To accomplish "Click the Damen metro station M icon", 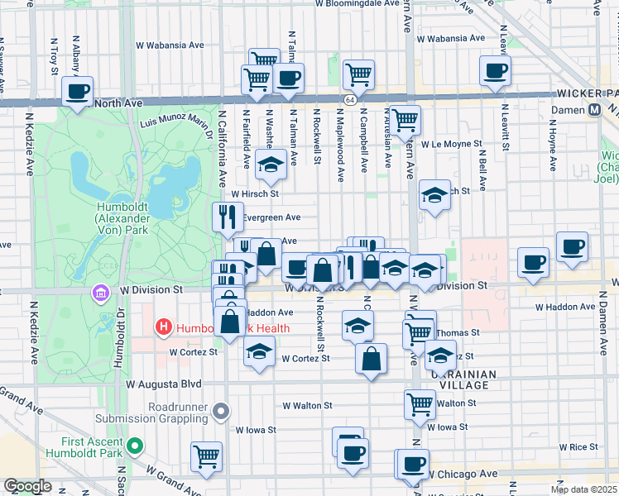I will point(594,110).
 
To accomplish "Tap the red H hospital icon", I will point(164,328).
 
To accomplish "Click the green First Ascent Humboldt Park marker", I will point(134,448).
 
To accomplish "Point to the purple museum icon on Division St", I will point(101,293).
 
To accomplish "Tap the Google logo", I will point(27,486).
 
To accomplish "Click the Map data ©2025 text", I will point(583,489).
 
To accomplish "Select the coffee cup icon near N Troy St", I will point(78,92).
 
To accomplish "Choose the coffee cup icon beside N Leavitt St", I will point(495,71).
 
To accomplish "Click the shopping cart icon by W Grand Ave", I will point(206,455).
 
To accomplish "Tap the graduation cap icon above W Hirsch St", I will point(270,165).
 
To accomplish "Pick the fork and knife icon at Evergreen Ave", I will point(228,217).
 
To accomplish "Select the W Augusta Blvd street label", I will point(164,384).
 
